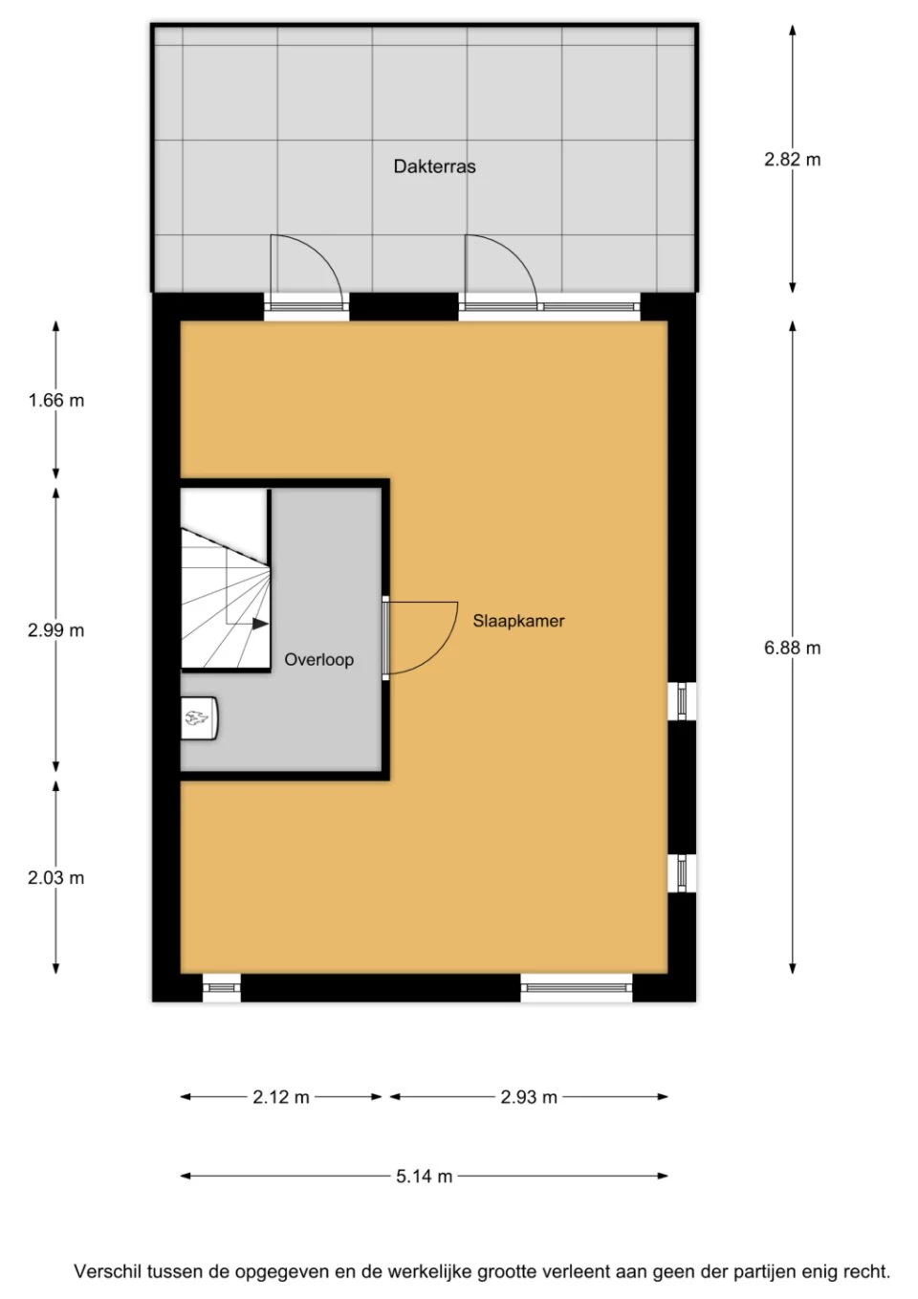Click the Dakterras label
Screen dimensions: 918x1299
(434, 166)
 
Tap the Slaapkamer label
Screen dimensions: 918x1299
(518, 621)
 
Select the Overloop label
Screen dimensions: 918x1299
(318, 660)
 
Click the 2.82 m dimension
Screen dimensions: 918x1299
(792, 160)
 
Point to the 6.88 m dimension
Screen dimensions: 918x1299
(792, 648)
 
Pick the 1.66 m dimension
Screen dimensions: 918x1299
(56, 400)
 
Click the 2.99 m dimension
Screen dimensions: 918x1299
(56, 629)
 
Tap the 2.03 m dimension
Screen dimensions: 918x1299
(56, 878)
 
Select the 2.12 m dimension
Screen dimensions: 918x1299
(281, 1097)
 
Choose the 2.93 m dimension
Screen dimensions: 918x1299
(529, 1097)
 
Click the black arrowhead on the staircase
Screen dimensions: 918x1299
(261, 624)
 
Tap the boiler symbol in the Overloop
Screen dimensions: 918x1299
(199, 718)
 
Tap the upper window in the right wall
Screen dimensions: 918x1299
(682, 701)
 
